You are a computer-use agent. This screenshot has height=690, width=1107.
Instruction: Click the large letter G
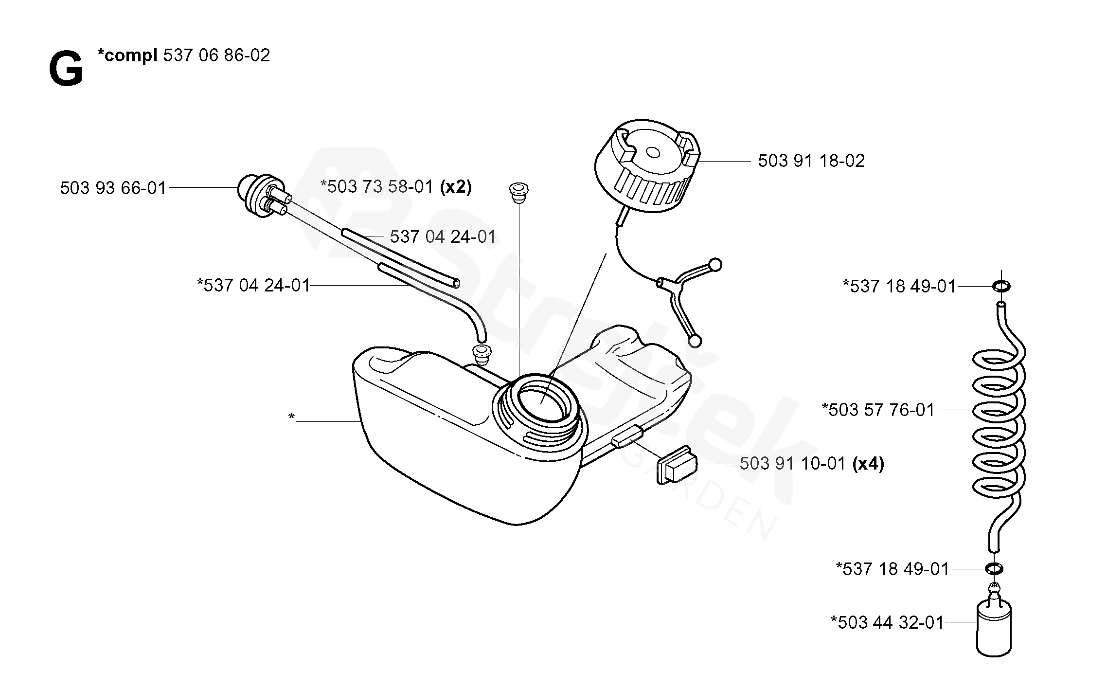click(x=66, y=71)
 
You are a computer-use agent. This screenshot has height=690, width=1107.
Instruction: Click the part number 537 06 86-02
click(x=216, y=55)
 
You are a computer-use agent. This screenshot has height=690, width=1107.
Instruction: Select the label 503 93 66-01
click(x=113, y=188)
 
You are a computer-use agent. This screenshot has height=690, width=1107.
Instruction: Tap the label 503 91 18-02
click(x=811, y=161)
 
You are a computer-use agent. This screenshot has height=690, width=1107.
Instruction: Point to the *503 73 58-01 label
click(x=377, y=187)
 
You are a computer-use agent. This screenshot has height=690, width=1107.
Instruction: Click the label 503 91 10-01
click(x=793, y=464)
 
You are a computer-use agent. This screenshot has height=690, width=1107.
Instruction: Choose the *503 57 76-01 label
click(x=878, y=410)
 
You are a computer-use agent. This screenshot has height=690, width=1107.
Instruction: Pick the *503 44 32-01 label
click(x=887, y=622)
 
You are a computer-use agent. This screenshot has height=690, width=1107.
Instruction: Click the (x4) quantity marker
click(x=869, y=464)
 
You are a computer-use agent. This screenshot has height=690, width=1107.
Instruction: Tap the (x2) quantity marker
click(x=456, y=187)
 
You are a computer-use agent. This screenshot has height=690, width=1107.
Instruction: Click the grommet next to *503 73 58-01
click(x=518, y=191)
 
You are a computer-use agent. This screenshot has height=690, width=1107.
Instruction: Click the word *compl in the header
click(x=127, y=55)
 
